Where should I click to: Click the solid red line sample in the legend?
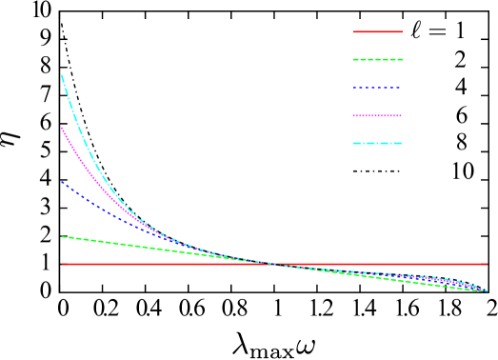pyautogui.click(x=378, y=31)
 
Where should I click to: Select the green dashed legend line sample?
pyautogui.click(x=378, y=59)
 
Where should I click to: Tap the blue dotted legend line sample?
pyautogui.click(x=378, y=88)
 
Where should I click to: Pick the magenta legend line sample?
pyautogui.click(x=378, y=115)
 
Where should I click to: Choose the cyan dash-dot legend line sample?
pyautogui.click(x=378, y=143)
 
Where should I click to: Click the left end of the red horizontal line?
pyautogui.click(x=63, y=264)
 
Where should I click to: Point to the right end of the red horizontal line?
pyautogui.click(x=487, y=264)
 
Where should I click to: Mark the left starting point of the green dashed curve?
pyautogui.click(x=63, y=236)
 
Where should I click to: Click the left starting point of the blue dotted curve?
pyautogui.click(x=63, y=182)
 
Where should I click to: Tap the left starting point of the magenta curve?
pyautogui.click(x=63, y=128)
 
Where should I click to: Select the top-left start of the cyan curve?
pyautogui.click(x=63, y=75)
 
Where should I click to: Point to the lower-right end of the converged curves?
pyautogui.click(x=486, y=290)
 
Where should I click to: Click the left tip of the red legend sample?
pyautogui.click(x=355, y=31)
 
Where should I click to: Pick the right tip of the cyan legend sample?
pyautogui.click(x=401, y=143)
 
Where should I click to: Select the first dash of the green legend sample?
pyautogui.click(x=357, y=59)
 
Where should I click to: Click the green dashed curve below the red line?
pyautogui.click(x=400, y=281)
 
